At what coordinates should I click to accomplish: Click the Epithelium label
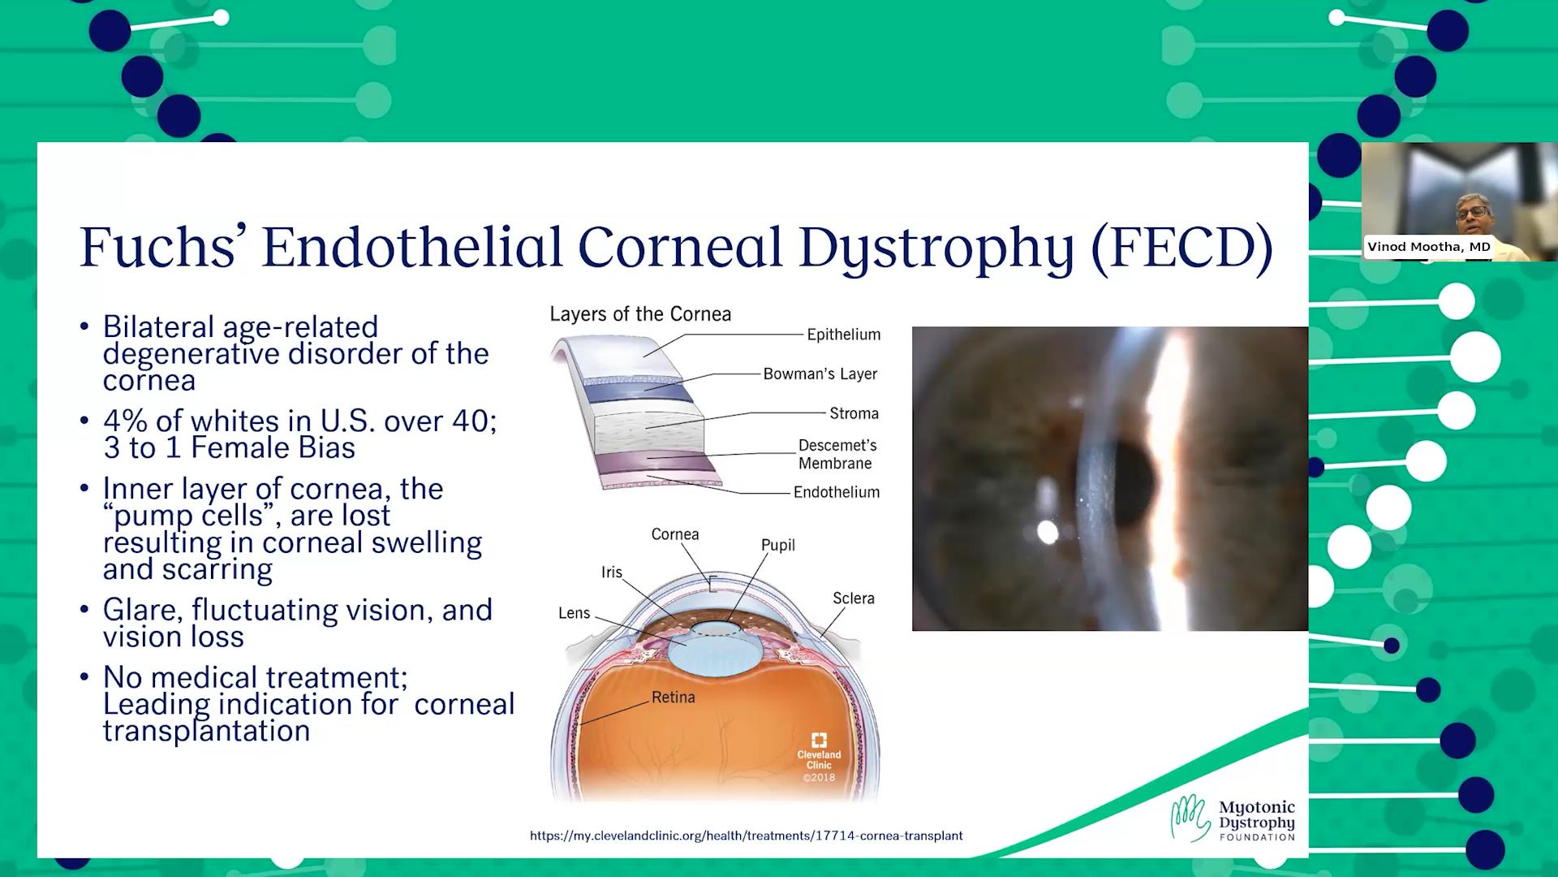tap(843, 335)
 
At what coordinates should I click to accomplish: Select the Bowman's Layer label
tap(820, 374)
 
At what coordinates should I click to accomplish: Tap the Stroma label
tap(854, 413)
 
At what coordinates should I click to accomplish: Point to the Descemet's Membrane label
tap(837, 454)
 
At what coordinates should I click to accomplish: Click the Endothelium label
tap(837, 492)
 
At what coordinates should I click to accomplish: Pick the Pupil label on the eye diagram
tap(777, 546)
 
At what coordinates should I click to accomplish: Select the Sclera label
tap(854, 598)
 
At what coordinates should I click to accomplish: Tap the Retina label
tap(673, 697)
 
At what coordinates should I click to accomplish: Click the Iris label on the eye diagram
tap(612, 572)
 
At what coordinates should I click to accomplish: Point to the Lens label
tap(574, 613)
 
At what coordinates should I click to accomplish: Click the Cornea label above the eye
tap(675, 534)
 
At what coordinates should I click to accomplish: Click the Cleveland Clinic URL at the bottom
tap(746, 836)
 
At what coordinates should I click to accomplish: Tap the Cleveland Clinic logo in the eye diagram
tap(819, 757)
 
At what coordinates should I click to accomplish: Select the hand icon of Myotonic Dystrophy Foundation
tap(1190, 817)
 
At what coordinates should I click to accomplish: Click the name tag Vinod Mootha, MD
tap(1428, 247)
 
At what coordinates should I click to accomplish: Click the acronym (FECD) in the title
tap(1181, 247)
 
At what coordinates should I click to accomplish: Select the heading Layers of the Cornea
tap(640, 314)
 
